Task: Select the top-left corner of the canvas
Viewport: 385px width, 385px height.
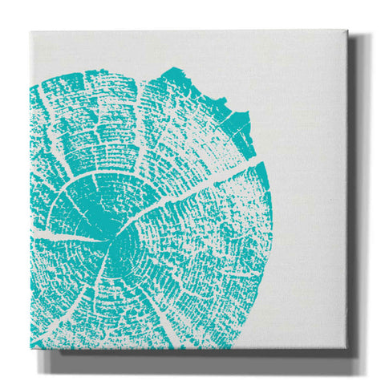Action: (x=30, y=33)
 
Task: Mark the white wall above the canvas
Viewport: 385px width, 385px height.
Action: (x=192, y=14)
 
